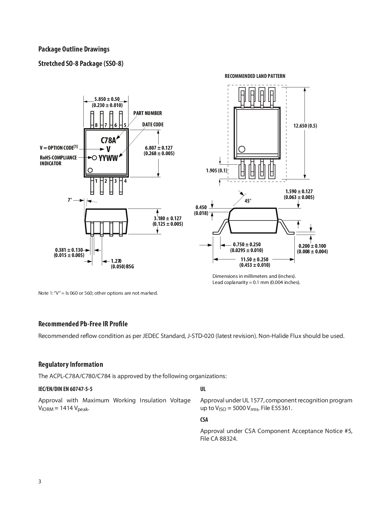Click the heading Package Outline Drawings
click(x=74, y=49)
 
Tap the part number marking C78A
click(x=109, y=140)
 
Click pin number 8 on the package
click(x=96, y=125)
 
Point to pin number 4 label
click(x=125, y=181)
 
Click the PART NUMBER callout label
click(x=148, y=113)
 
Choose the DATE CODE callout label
click(x=153, y=125)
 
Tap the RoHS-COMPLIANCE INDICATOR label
click(x=58, y=160)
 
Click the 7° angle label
click(x=70, y=200)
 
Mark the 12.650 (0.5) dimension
click(x=305, y=126)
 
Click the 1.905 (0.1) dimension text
click(x=217, y=171)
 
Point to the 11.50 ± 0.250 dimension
click(x=254, y=259)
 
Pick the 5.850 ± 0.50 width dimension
click(x=107, y=99)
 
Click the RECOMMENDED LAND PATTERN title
click(x=255, y=76)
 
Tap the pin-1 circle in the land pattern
click(x=242, y=149)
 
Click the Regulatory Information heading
click(x=71, y=364)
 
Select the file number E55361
click(x=280, y=408)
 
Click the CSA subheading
click(x=204, y=420)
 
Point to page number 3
click(x=40, y=481)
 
